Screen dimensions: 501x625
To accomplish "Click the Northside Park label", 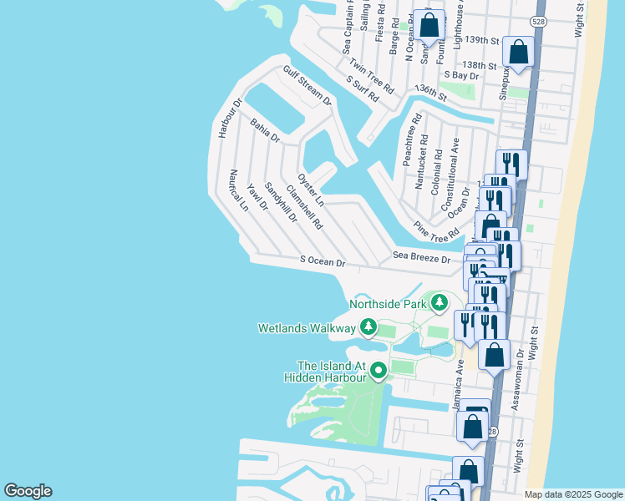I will click(388, 304).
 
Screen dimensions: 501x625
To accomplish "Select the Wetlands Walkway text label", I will click(306, 327).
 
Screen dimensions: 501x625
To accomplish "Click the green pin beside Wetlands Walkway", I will click(368, 328).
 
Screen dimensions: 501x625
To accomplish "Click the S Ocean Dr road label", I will click(323, 262).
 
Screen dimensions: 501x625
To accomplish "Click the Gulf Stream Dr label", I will click(307, 85).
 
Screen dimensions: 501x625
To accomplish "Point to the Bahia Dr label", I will click(265, 131).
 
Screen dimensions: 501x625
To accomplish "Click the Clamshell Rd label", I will click(304, 207).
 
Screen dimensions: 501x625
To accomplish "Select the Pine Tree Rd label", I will click(437, 229).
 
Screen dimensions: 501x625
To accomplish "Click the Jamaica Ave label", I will click(459, 379).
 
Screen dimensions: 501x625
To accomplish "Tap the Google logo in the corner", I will click(28, 491).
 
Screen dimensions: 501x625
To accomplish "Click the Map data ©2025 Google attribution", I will click(572, 494).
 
